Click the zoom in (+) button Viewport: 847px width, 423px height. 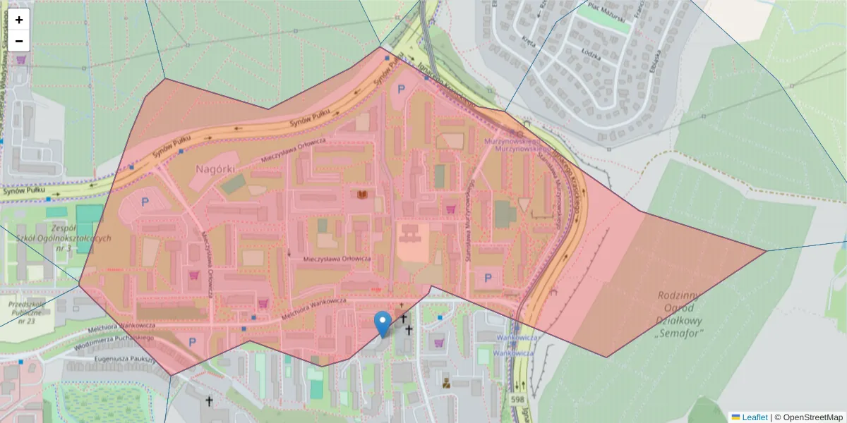pos(19,20)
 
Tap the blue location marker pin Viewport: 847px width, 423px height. pos(383,324)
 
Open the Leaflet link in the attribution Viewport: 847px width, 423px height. pos(755,417)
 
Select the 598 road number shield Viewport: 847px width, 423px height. pos(516,399)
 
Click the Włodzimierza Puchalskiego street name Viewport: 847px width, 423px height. pos(113,339)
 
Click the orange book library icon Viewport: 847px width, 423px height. pos(364,194)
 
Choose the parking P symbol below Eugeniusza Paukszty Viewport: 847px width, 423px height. pos(193,343)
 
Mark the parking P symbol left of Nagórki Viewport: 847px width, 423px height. pos(145,202)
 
